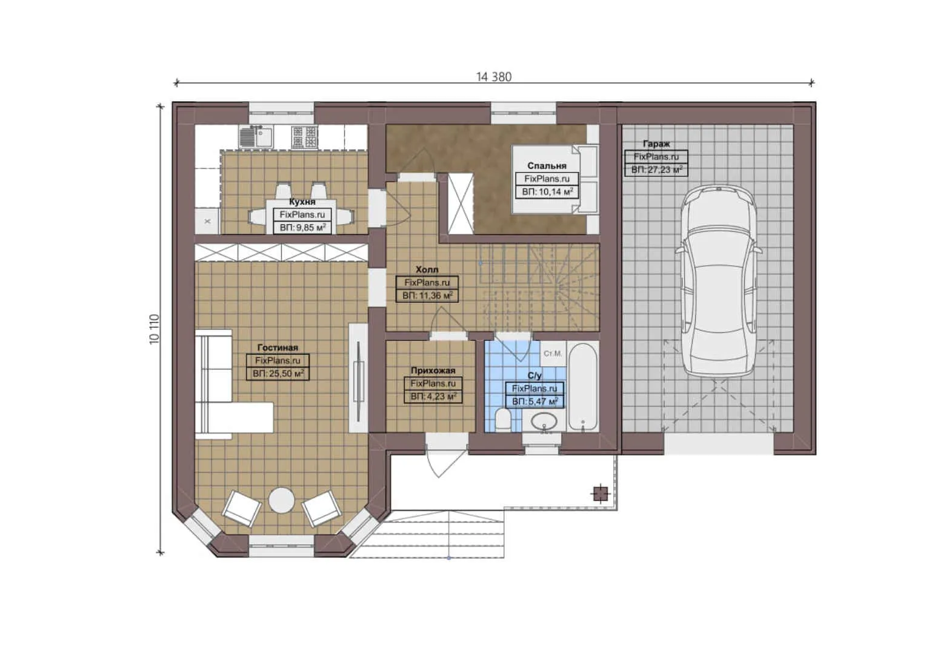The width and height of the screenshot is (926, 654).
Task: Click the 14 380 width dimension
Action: (493, 77)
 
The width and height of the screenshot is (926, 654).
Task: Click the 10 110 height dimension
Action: (155, 329)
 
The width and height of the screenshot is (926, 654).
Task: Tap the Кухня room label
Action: (302, 202)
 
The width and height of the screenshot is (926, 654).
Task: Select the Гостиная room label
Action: (278, 348)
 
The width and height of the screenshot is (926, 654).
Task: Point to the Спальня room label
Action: (547, 165)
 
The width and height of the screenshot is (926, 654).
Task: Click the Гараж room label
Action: (656, 144)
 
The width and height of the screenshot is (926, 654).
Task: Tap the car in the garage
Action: (718, 282)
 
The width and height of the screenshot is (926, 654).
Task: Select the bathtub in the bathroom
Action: (583, 386)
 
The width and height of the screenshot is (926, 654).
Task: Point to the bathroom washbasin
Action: (546, 420)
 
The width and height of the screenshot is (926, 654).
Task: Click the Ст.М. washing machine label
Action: (552, 353)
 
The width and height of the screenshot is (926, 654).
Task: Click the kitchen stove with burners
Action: (304, 137)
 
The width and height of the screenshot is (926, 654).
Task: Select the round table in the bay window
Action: (282, 501)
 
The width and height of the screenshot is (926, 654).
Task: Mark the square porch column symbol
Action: (600, 494)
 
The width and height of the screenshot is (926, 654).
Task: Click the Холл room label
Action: (427, 269)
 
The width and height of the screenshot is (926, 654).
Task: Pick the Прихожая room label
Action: (433, 371)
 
